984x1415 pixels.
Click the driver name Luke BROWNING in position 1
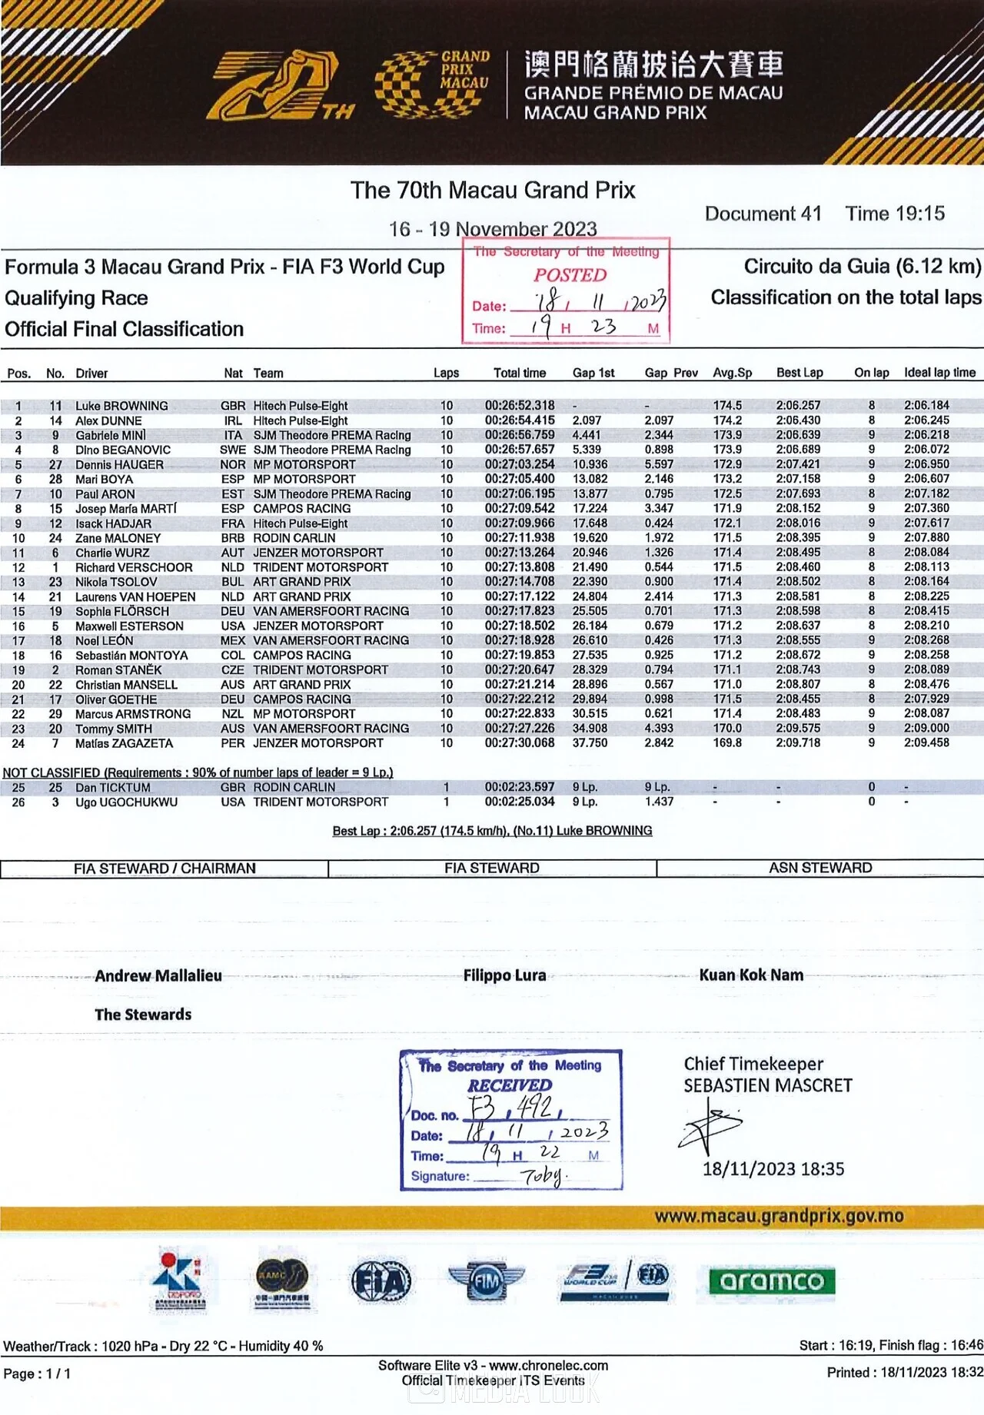click(x=121, y=406)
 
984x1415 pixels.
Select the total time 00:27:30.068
click(x=519, y=743)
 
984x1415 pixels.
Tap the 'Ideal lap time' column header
click(x=939, y=373)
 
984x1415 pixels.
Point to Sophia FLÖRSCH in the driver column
click(x=121, y=612)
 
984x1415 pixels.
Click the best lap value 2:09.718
click(x=798, y=743)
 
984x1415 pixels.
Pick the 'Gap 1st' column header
click(x=593, y=373)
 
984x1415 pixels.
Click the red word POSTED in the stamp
click(x=570, y=275)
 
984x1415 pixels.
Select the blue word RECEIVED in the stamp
click(x=510, y=1085)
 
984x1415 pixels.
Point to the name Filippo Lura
click(x=504, y=975)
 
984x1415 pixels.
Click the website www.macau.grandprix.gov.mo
click(x=779, y=1216)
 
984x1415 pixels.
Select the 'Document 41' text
click(x=763, y=214)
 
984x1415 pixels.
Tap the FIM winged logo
click(x=486, y=1281)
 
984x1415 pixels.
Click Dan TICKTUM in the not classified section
click(x=112, y=788)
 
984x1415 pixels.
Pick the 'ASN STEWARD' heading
click(x=820, y=868)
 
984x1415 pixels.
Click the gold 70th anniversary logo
click(x=281, y=86)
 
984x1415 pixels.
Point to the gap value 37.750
click(x=590, y=743)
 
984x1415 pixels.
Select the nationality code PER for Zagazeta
click(x=232, y=743)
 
